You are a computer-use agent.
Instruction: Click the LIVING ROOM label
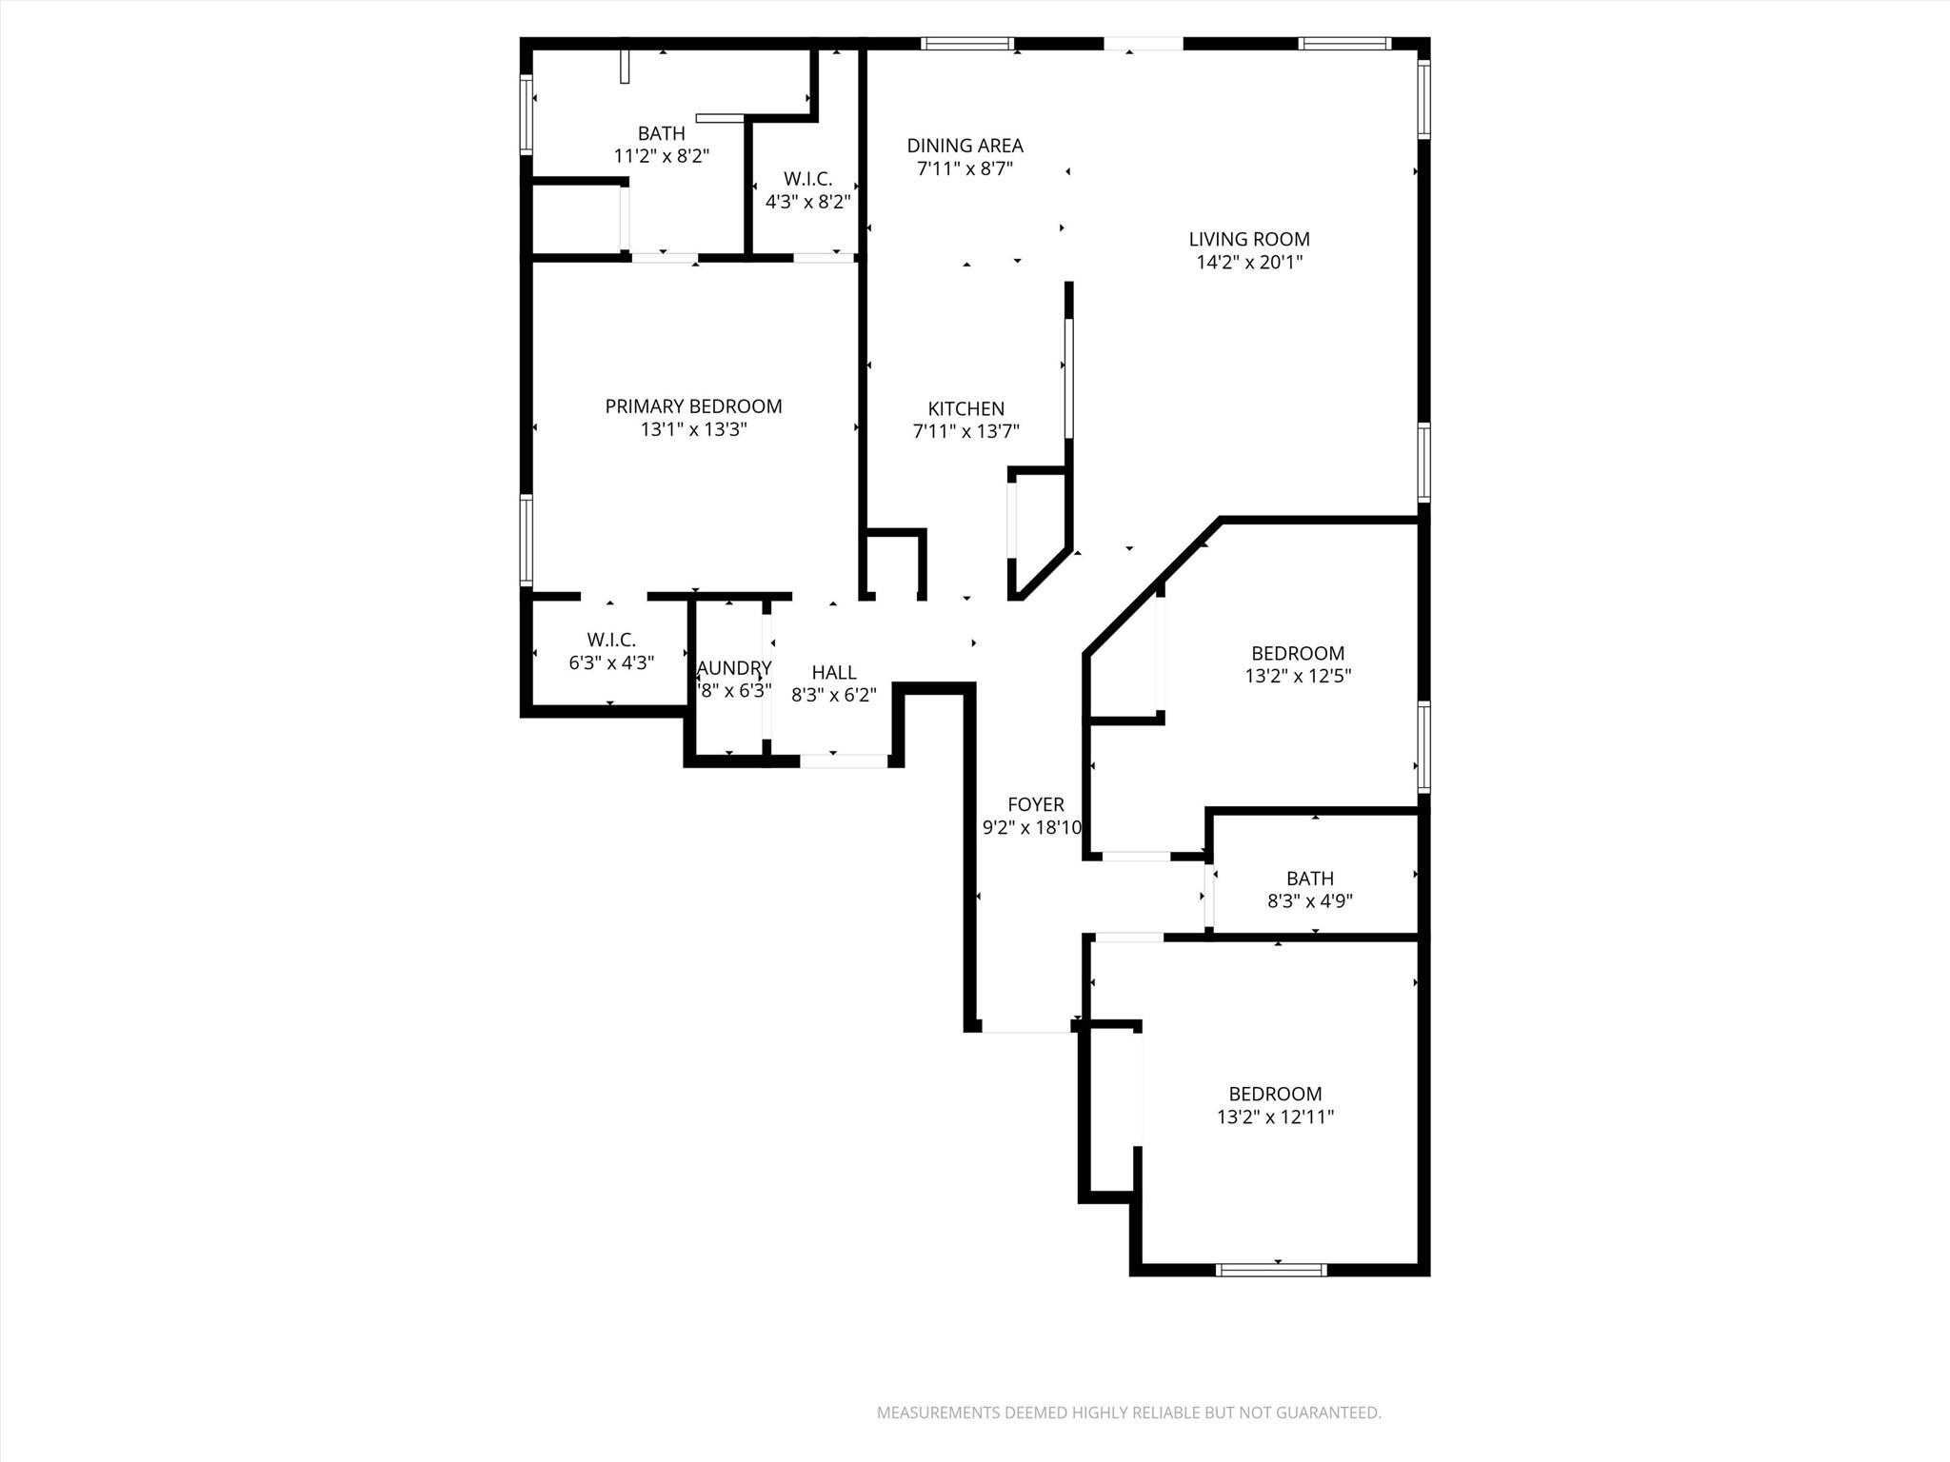click(x=1248, y=240)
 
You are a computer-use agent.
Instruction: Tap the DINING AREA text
click(x=965, y=146)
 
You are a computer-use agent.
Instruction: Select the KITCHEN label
click(x=965, y=408)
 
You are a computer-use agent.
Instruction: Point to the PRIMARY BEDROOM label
click(x=693, y=406)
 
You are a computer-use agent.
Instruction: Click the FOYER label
click(x=1035, y=804)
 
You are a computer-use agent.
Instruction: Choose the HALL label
click(x=833, y=673)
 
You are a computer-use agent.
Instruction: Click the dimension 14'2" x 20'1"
click(x=1248, y=263)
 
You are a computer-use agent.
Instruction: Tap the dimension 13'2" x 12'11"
click(x=1275, y=1117)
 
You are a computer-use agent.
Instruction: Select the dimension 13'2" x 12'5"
click(x=1297, y=677)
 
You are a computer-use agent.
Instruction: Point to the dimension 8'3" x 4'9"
click(x=1309, y=901)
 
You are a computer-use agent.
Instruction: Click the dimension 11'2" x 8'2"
click(x=661, y=156)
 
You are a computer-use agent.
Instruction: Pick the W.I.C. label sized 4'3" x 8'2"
click(x=807, y=179)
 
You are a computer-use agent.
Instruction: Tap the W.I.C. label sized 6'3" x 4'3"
click(x=610, y=640)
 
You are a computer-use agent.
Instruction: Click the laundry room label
click(x=733, y=668)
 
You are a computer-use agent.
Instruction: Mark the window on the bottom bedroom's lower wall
click(x=1271, y=1269)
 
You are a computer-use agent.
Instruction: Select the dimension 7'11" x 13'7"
click(x=965, y=431)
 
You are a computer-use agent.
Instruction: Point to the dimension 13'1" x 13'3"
click(x=693, y=429)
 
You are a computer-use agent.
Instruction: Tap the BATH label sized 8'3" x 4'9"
click(x=1309, y=879)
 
